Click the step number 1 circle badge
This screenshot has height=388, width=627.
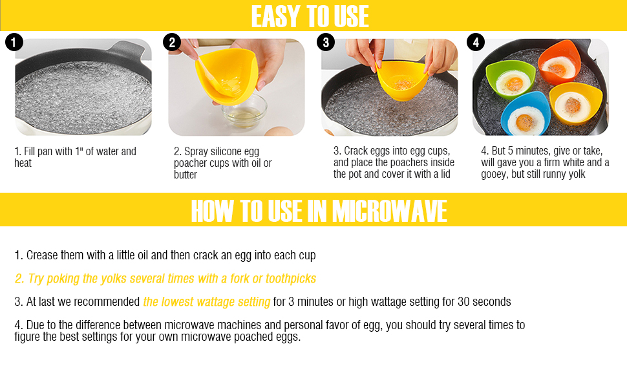click(x=14, y=43)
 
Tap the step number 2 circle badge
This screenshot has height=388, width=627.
click(x=171, y=43)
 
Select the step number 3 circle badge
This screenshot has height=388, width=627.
click(x=325, y=43)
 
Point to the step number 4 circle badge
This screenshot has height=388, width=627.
click(x=475, y=43)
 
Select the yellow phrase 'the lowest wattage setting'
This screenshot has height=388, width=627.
click(x=207, y=302)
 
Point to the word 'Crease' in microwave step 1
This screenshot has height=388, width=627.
click(x=43, y=255)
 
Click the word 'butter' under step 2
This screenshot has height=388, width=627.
click(x=186, y=175)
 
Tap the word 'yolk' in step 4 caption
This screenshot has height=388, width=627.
click(x=575, y=174)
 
